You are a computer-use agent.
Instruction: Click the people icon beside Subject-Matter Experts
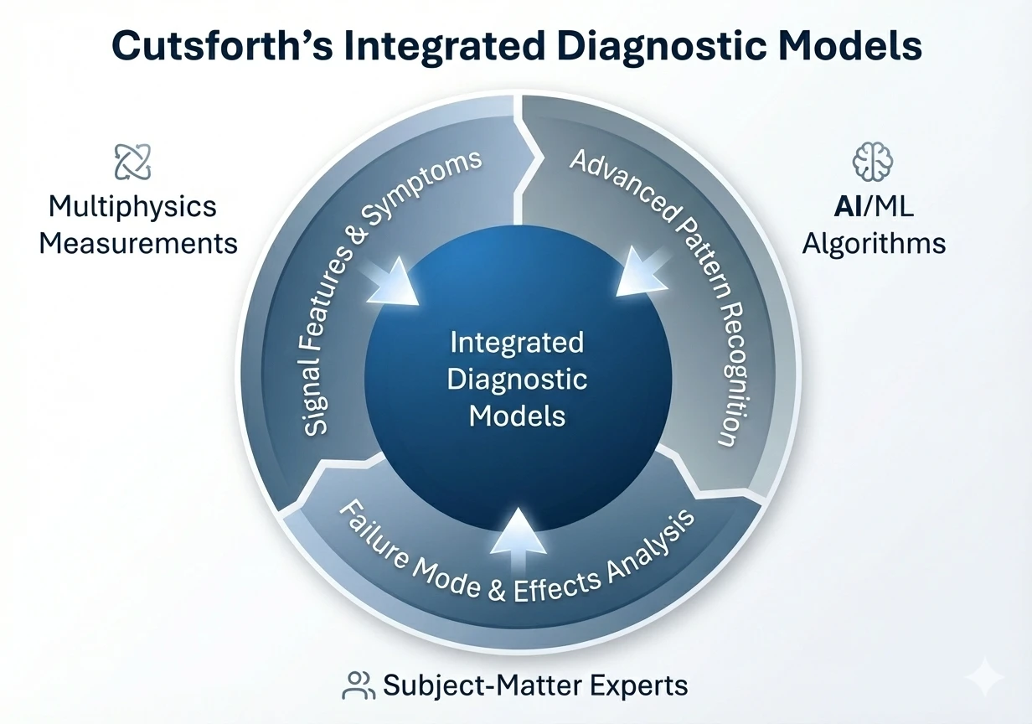[359, 685]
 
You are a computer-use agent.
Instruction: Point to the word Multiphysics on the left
[132, 207]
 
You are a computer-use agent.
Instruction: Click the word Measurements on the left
[138, 244]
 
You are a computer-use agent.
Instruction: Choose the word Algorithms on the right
[874, 244]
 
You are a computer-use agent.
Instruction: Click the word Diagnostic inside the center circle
[517, 379]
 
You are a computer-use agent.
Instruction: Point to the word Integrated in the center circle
[517, 343]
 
